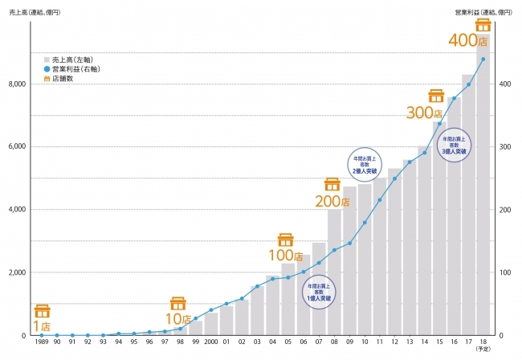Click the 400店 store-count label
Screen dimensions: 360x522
[468, 39]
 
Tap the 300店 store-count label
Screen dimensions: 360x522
[424, 112]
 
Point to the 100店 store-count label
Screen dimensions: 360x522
[286, 256]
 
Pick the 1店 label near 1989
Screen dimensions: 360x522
[41, 326]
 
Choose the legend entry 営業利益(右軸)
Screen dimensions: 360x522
[71, 69]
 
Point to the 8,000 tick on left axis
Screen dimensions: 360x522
[16, 84]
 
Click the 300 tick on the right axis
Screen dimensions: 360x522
[507, 146]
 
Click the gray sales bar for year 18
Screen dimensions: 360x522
[483, 201]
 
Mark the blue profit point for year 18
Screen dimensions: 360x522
[483, 59]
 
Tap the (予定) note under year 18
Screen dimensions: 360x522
[483, 350]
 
